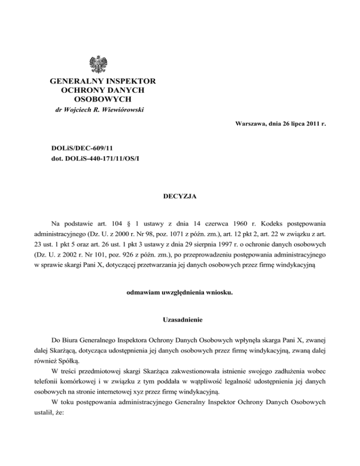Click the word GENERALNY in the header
[75, 82]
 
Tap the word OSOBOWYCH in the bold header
[102, 99]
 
